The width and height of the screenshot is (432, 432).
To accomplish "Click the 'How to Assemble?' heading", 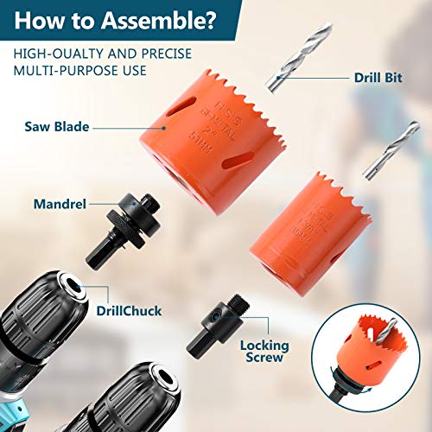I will click(x=121, y=20).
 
